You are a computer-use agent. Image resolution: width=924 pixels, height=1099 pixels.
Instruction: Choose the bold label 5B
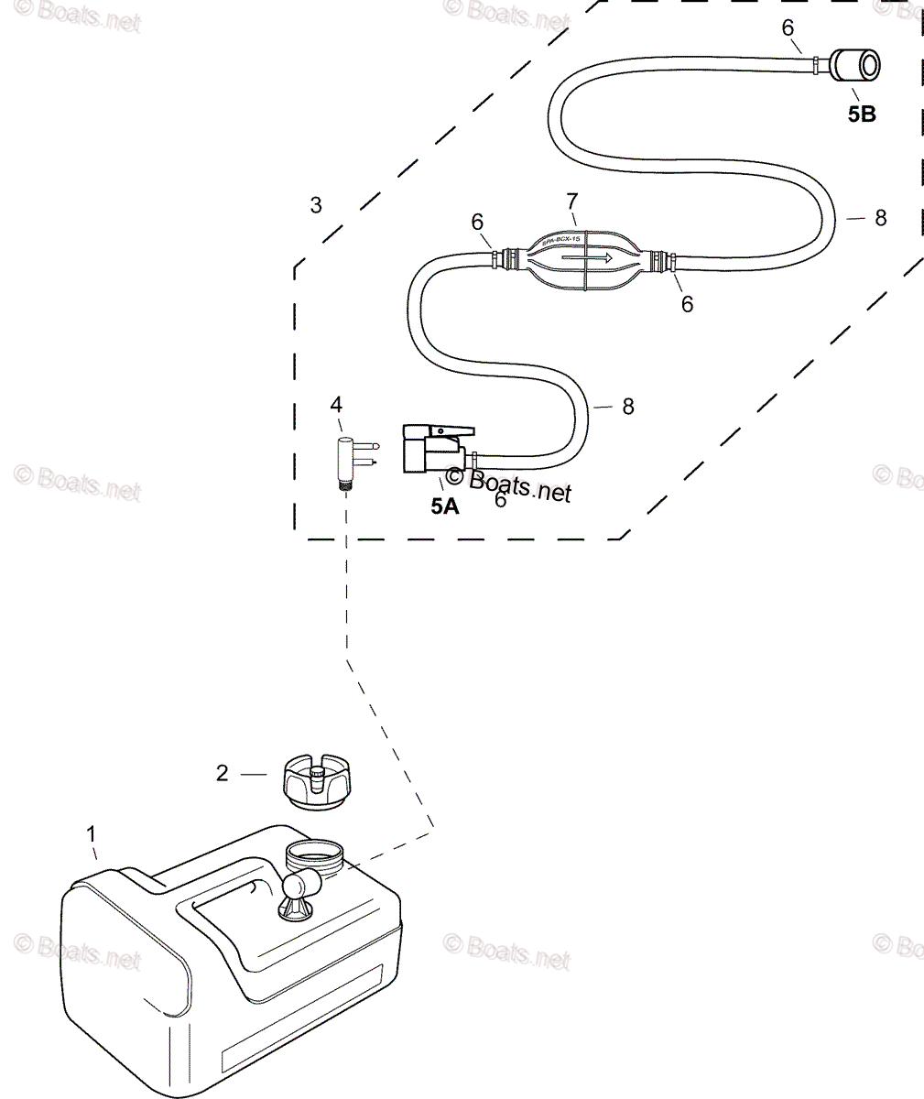click(861, 114)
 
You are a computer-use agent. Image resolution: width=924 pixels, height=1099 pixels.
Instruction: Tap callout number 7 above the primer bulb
click(572, 199)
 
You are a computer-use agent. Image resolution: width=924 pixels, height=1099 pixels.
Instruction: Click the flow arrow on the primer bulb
click(587, 259)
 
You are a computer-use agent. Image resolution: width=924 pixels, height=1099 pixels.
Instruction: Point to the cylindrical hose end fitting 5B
click(855, 67)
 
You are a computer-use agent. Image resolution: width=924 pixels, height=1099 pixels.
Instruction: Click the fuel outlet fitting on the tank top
click(299, 892)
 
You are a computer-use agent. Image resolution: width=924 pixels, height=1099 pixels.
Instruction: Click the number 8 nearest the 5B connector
click(880, 218)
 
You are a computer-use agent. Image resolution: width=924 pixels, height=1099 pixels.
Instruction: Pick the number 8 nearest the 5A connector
click(627, 406)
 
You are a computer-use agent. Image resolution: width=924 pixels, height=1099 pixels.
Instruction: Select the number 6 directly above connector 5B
click(788, 27)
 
